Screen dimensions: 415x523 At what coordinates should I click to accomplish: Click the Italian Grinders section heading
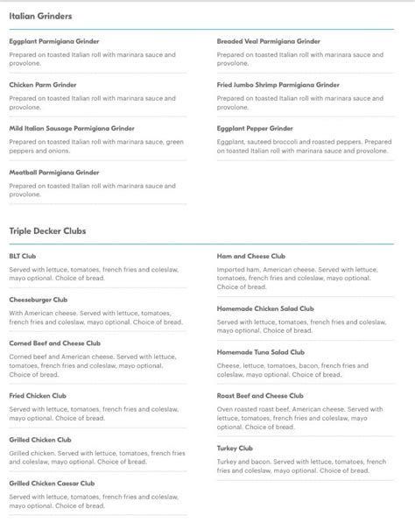[40, 16]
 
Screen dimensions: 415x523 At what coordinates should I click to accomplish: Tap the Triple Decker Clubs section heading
[47, 231]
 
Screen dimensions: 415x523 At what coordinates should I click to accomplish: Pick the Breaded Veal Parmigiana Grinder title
[269, 41]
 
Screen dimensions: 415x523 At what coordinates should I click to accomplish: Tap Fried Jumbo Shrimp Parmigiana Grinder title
[278, 85]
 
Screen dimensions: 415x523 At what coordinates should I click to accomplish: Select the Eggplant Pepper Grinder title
[255, 128]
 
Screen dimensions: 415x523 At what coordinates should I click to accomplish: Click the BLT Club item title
[23, 256]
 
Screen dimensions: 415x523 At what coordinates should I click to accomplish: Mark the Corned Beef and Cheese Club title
[55, 343]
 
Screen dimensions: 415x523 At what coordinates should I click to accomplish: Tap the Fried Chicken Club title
[40, 396]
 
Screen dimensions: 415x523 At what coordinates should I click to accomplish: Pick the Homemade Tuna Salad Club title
[261, 352]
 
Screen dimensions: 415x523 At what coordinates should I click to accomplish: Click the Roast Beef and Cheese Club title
[260, 396]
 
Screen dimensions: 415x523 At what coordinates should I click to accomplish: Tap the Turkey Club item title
[235, 448]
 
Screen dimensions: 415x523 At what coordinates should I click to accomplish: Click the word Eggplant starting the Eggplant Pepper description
[232, 141]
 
